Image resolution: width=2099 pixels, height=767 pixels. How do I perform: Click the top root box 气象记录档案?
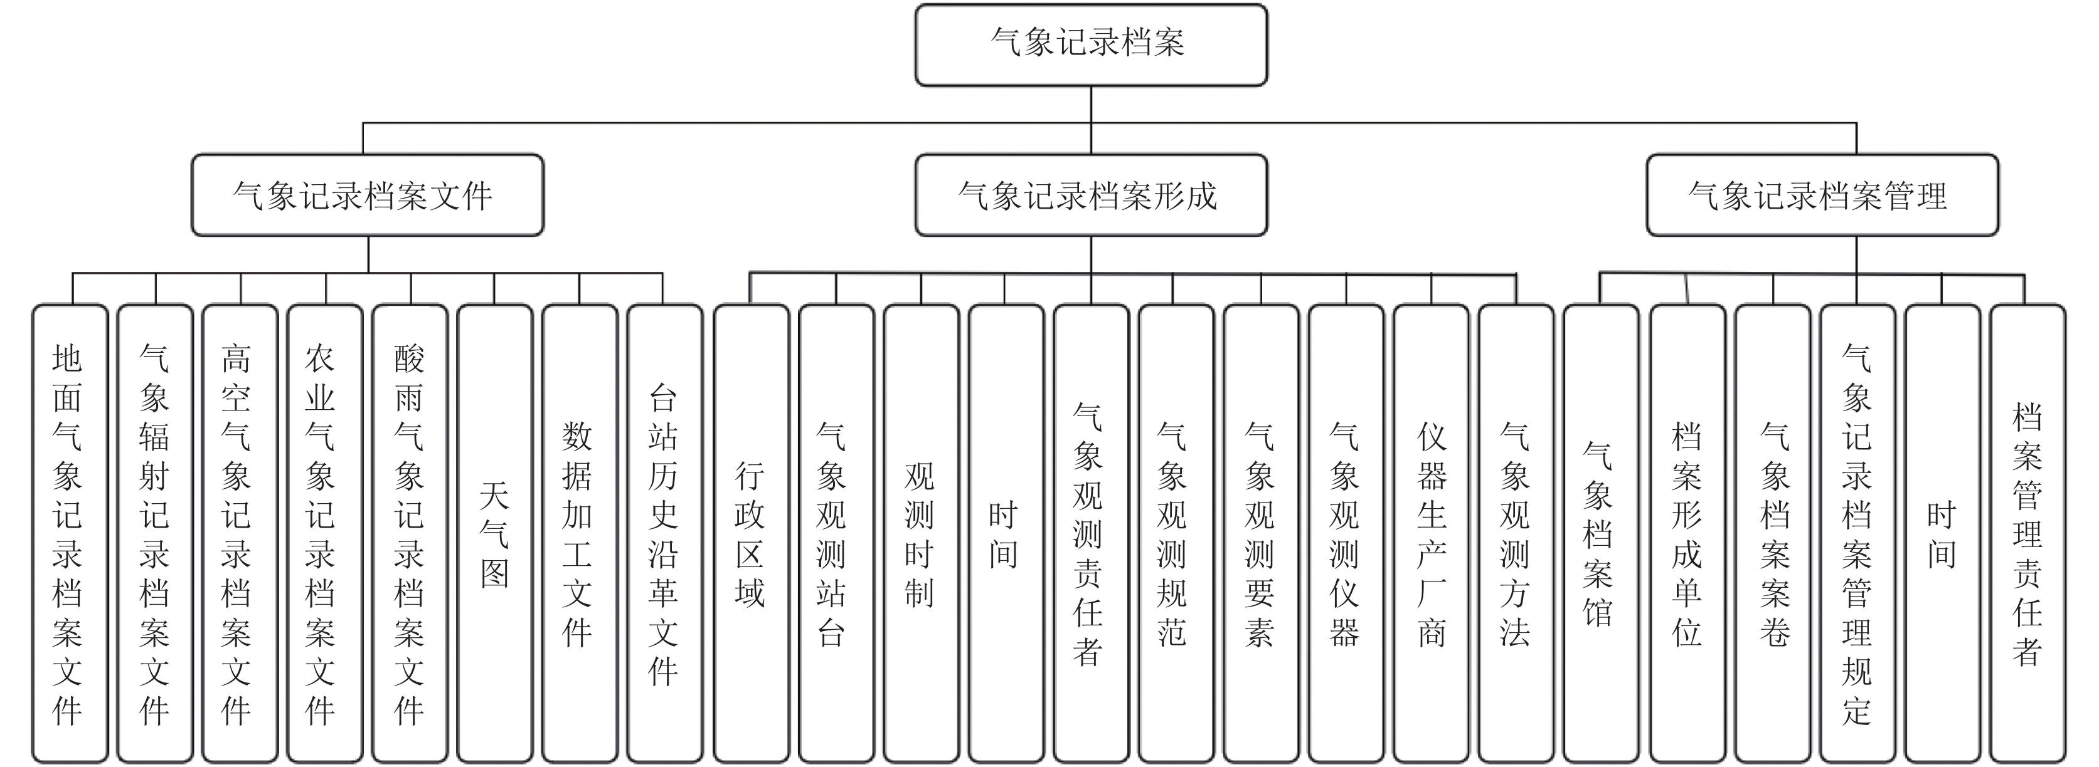1091,44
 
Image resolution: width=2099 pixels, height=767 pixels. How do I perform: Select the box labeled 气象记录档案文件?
368,196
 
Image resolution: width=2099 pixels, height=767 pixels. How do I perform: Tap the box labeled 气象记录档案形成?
1091,196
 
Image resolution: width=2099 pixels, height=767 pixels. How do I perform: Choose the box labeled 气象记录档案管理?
1823,196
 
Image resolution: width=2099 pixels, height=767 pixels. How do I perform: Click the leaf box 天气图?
494,534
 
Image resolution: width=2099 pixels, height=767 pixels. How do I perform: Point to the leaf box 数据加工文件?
580,534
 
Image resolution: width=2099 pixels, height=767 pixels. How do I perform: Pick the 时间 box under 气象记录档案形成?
1006,534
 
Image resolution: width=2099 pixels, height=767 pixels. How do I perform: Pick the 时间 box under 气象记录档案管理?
1943,534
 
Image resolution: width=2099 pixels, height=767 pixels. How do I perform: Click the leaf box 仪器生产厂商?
1431,534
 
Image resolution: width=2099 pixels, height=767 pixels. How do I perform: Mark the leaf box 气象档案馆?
1601,534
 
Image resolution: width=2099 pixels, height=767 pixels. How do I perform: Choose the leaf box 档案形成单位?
1687,534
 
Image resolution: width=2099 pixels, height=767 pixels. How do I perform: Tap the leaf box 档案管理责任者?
2028,534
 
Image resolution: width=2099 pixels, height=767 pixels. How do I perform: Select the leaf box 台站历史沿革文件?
665,534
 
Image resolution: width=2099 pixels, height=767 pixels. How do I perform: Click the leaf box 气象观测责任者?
1091,534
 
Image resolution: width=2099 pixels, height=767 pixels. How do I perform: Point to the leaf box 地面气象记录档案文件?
70,534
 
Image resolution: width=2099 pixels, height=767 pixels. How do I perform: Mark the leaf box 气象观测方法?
1516,534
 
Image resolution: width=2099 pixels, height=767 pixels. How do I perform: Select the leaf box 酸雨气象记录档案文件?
410,534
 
